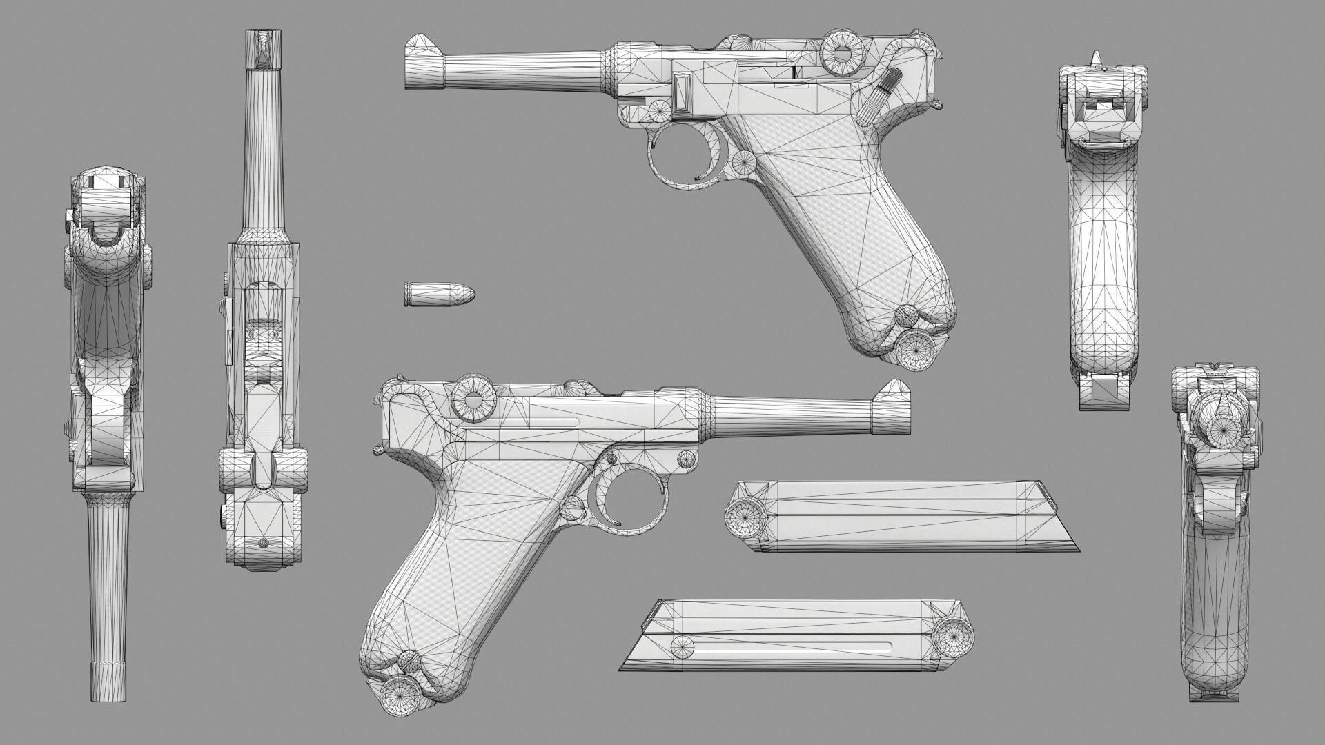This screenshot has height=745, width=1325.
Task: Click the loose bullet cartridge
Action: click(439, 295)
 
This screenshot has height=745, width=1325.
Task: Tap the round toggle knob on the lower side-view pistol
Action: click(473, 399)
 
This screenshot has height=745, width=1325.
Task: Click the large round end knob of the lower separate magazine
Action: click(954, 632)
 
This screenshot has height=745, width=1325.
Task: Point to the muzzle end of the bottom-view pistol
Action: click(109, 683)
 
